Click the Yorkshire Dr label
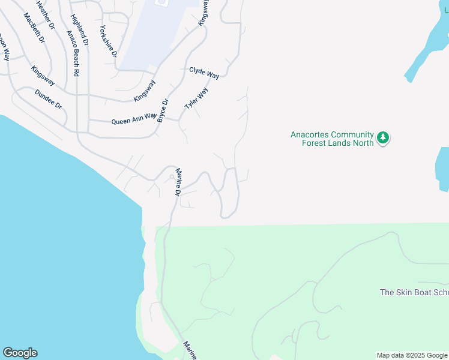[108, 42]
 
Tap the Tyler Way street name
[196, 98]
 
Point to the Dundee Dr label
[49, 99]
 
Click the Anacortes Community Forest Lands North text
[332, 139]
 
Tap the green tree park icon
[383, 139]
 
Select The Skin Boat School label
[414, 293]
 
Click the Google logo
[20, 353]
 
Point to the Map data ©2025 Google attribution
[412, 355]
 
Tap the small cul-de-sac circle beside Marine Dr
[172, 176]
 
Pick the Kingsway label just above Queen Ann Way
[145, 91]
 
